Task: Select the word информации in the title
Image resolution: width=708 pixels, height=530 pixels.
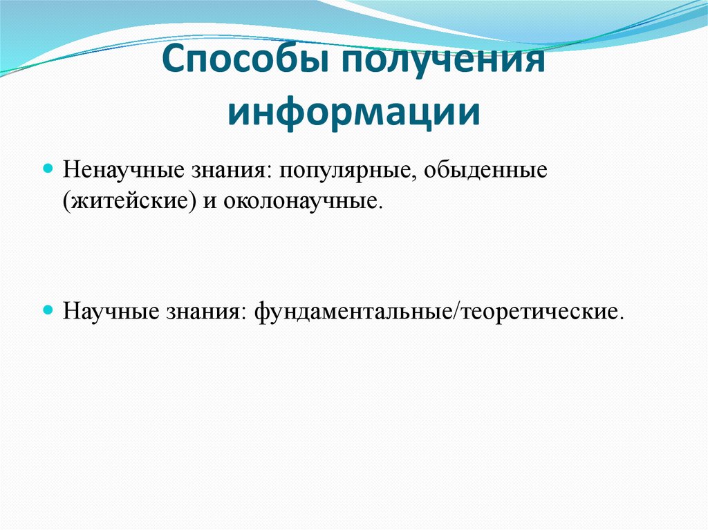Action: [x=354, y=111]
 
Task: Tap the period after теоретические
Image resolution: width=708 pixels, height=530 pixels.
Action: [x=621, y=317]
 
